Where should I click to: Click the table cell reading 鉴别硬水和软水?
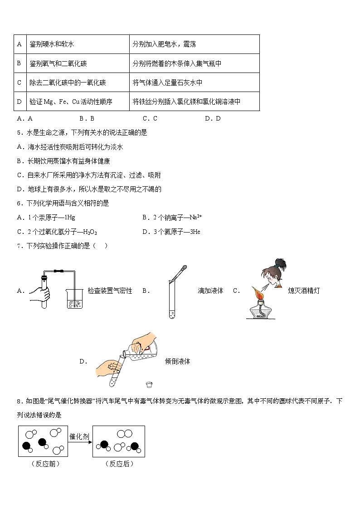52,44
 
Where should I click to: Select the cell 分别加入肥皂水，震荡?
164,44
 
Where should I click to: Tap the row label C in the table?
19,82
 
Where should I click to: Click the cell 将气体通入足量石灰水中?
167,82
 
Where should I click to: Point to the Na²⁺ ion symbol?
195,217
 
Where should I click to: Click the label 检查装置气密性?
110,291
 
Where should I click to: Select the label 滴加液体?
210,291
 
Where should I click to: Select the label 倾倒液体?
178,361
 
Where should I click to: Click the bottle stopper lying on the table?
148,385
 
